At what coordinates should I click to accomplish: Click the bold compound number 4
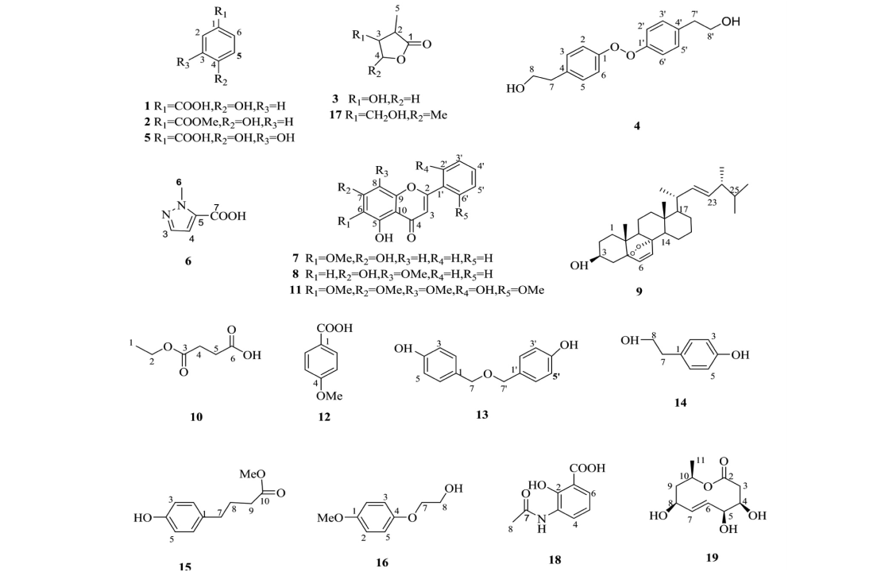click(x=636, y=126)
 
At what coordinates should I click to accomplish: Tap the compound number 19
click(x=711, y=558)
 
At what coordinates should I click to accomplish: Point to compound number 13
click(x=481, y=415)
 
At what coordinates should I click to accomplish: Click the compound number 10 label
click(x=196, y=416)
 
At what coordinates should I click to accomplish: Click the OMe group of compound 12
click(x=329, y=396)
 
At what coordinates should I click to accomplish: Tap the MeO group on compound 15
click(x=253, y=473)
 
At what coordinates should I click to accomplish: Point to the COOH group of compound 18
click(x=587, y=468)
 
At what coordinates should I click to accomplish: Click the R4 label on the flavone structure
click(x=422, y=166)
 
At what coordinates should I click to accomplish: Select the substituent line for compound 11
click(x=418, y=290)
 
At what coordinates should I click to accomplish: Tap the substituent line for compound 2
click(x=218, y=122)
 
